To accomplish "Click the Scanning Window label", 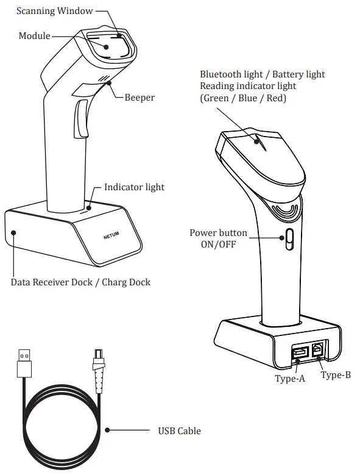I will [55, 11].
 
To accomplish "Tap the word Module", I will [34, 37].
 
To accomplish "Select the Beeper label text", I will [139, 97].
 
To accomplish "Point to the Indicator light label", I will [134, 187].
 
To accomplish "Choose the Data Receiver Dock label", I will [80, 282].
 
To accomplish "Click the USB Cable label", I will [179, 431].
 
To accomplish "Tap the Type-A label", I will [289, 378].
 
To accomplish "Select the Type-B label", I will [336, 375].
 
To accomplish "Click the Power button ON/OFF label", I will [218, 238].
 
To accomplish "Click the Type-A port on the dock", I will [300, 352].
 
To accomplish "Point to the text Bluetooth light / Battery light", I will [262, 74].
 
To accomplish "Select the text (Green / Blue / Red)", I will [242, 98].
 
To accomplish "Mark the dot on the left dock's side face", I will [13, 232].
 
